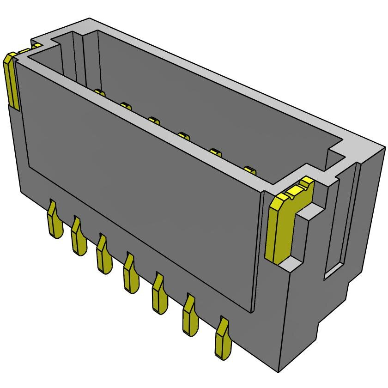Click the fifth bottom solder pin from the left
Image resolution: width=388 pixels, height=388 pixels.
pos(159,295)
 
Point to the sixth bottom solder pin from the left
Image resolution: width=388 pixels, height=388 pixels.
pos(190,316)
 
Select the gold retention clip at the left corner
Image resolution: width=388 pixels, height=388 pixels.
pos(12,81)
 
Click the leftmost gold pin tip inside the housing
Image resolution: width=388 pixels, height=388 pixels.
pos(99,93)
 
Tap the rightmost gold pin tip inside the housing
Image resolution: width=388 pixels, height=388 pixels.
pos(249,170)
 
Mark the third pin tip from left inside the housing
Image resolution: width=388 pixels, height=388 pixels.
pos(154,121)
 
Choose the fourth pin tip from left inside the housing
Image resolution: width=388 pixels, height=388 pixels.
pos(184,135)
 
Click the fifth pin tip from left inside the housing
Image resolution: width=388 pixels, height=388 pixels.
pos(215,152)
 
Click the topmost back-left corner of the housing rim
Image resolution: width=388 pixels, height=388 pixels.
pos(89,19)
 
